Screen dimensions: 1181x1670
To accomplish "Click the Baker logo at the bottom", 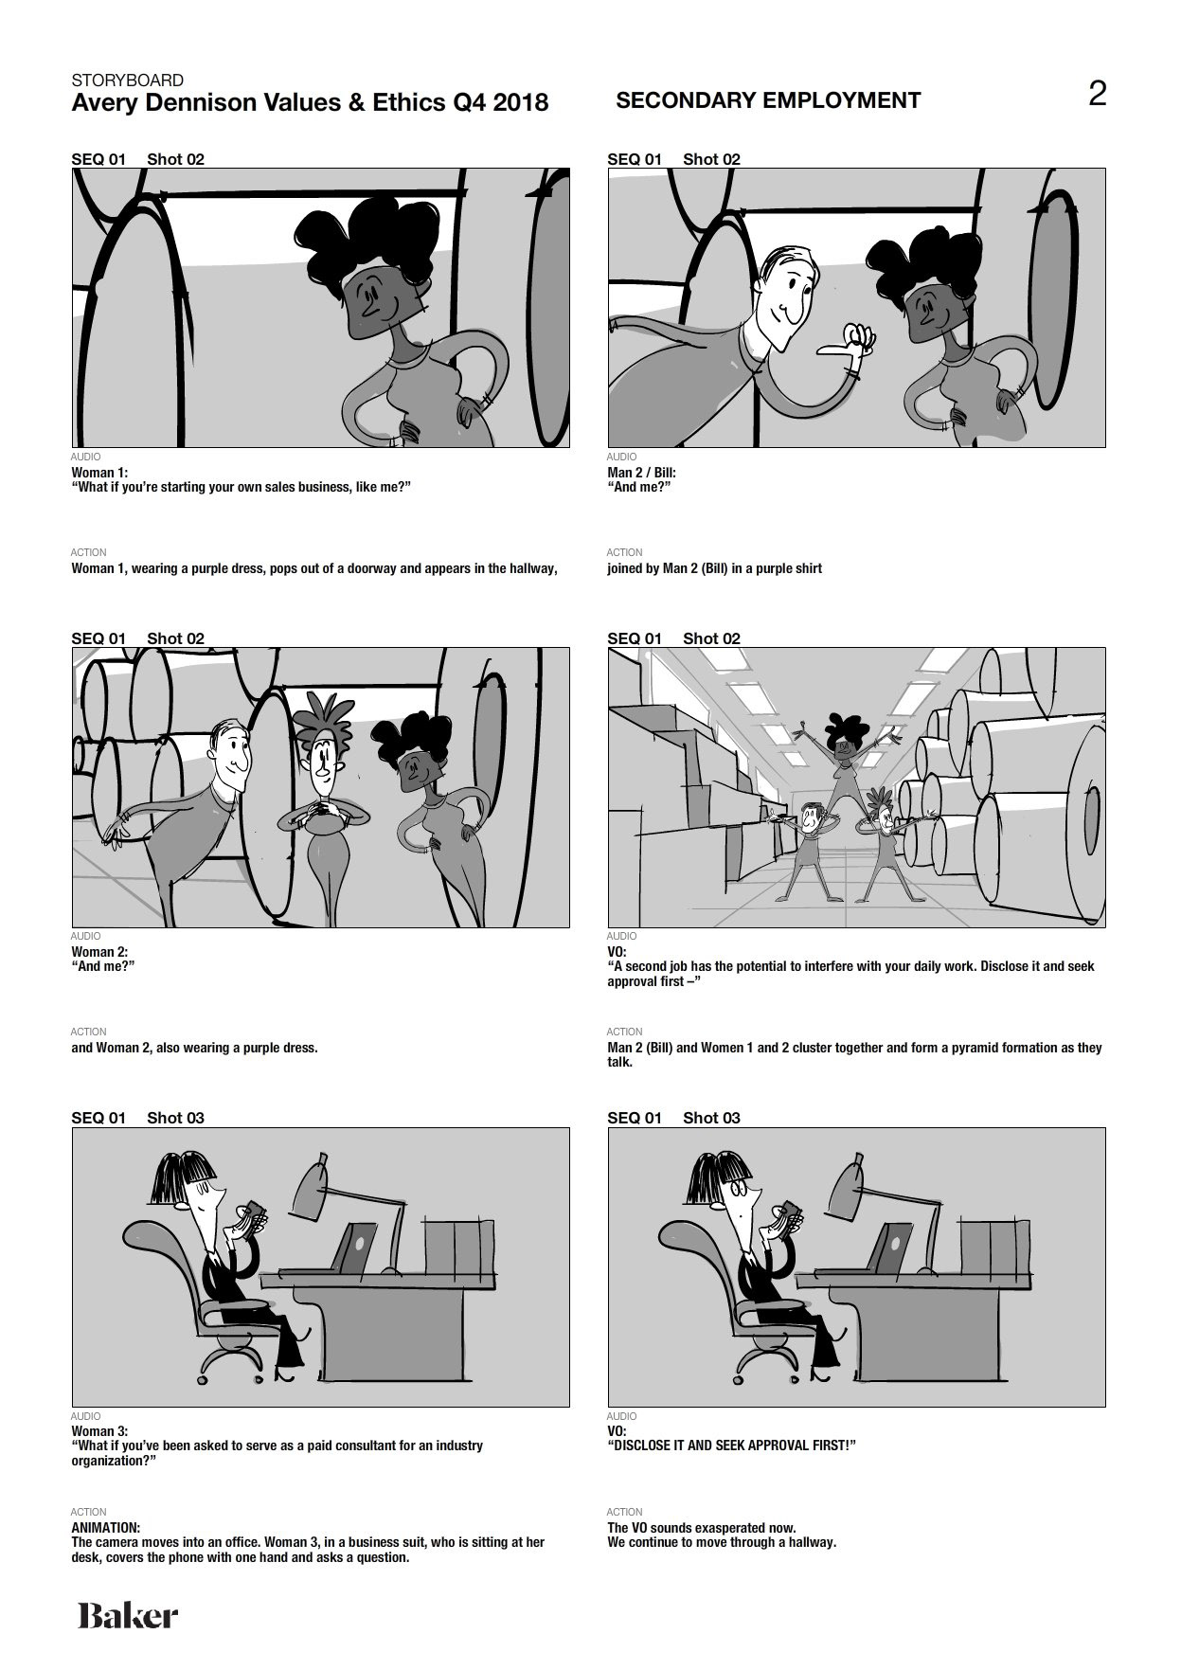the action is click(x=128, y=1615).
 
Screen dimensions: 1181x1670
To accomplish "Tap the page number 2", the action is click(x=1097, y=94).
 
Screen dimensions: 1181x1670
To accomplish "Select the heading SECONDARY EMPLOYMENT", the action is click(x=768, y=100).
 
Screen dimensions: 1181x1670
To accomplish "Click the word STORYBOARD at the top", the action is click(x=128, y=81).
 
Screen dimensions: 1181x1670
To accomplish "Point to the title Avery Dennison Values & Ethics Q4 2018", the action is click(x=310, y=102).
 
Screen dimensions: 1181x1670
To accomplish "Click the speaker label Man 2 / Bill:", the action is click(x=641, y=473).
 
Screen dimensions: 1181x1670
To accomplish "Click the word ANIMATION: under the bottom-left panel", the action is click(x=106, y=1528).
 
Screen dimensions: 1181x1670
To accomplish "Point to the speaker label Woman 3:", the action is click(x=99, y=1431).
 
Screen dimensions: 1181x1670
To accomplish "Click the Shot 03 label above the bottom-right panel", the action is click(x=711, y=1118).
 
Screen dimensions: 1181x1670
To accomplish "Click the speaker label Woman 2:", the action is click(x=99, y=952).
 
